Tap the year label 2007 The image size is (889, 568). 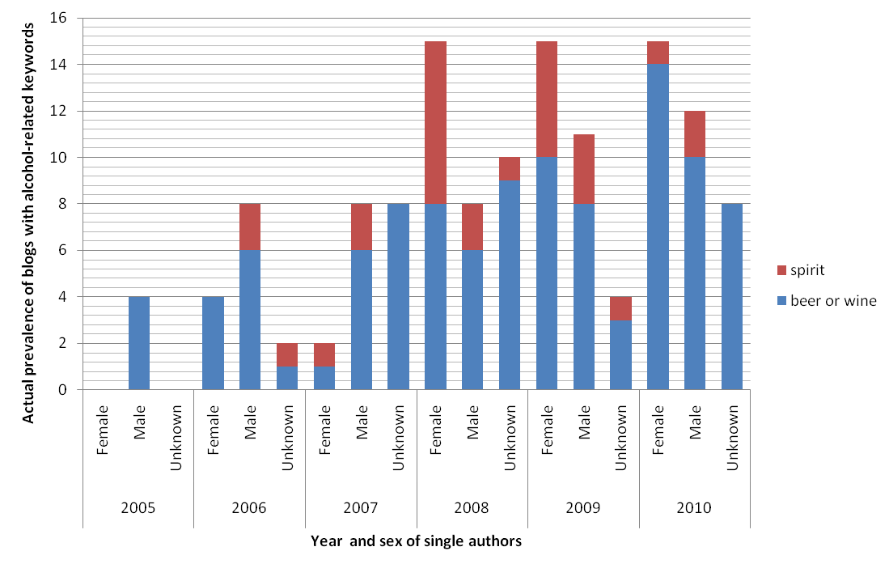[x=360, y=508]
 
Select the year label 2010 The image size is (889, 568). [x=694, y=508]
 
